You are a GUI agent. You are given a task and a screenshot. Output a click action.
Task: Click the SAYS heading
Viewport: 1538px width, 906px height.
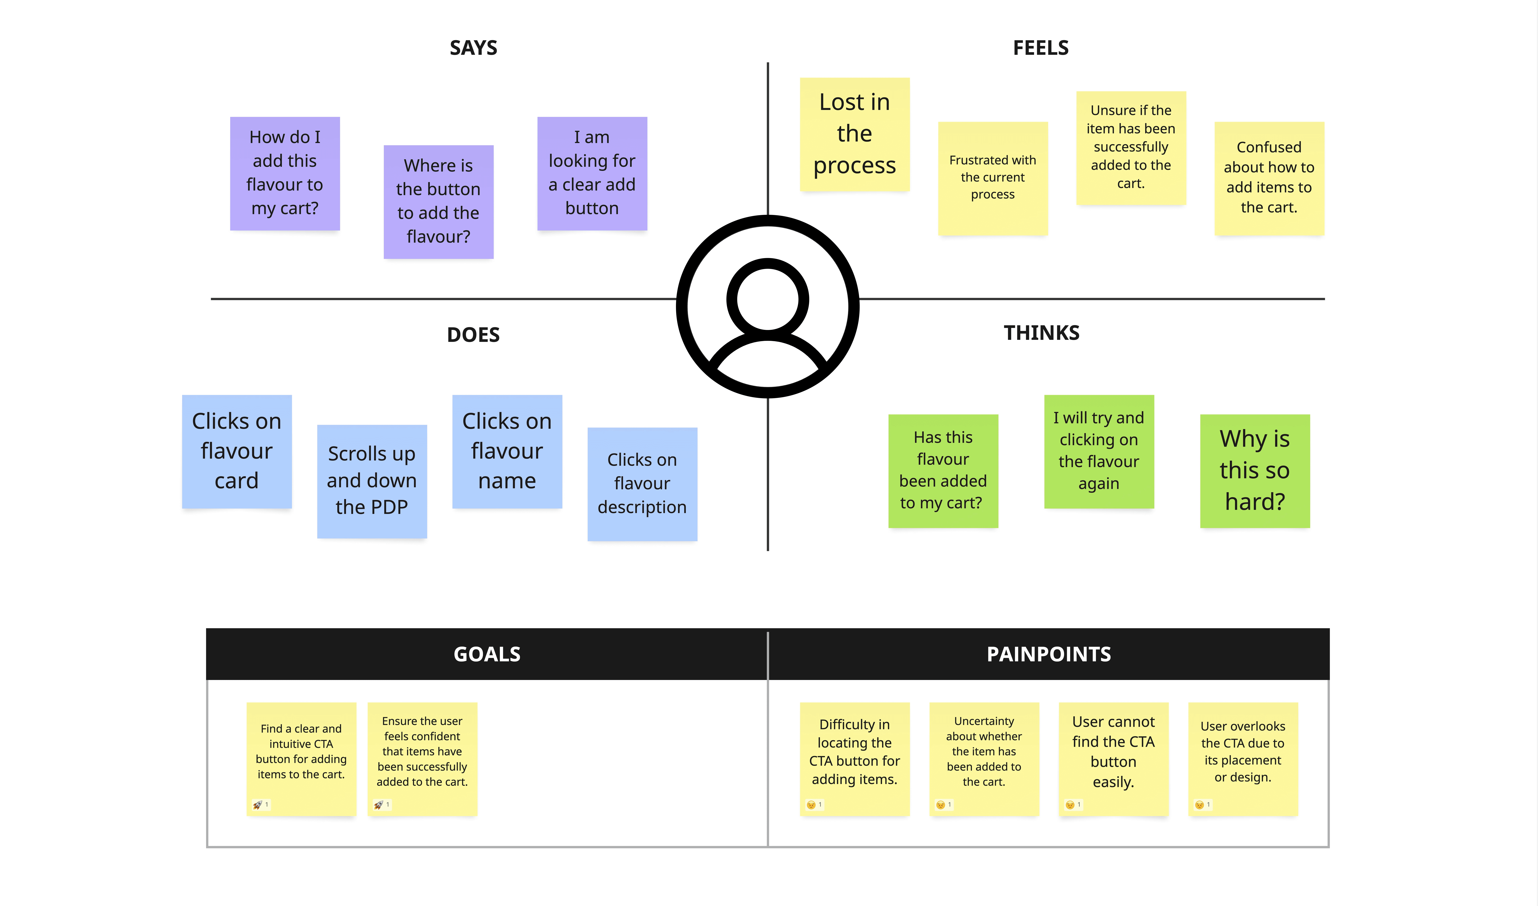pos(473,48)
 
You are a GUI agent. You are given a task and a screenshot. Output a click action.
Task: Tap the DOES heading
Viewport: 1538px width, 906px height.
pos(473,335)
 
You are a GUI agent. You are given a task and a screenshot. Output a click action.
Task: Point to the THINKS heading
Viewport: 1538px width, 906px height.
pos(1041,333)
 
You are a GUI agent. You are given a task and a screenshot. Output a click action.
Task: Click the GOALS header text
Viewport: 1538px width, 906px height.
pos(487,654)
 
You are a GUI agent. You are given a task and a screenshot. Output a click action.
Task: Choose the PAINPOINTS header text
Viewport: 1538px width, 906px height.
pos(1049,654)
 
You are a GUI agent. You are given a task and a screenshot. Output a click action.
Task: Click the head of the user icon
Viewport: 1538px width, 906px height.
pos(768,299)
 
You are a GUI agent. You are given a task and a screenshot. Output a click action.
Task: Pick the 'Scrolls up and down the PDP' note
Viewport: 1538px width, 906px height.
pos(371,480)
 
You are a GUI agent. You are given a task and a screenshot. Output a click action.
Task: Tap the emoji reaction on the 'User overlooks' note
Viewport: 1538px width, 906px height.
pos(1199,805)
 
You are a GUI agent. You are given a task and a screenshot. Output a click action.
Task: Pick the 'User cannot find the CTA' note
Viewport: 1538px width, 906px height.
pos(1113,752)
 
